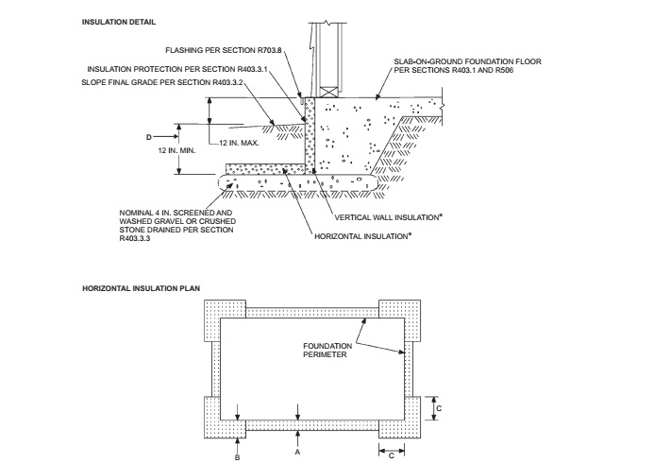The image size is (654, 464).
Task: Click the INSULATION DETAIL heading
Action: tap(119, 22)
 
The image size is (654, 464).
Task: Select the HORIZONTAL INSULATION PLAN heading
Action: tap(141, 288)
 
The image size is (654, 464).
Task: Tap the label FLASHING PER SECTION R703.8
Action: tap(224, 50)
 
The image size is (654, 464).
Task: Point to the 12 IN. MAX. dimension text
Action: tap(239, 143)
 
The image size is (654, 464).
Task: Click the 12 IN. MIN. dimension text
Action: tap(176, 150)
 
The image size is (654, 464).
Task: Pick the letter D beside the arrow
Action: tap(149, 137)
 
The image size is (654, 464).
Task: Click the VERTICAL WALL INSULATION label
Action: tap(388, 217)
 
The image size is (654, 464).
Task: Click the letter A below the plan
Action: tap(297, 452)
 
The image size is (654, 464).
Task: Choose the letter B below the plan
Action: tap(237, 457)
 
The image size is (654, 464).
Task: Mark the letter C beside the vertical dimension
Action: tap(439, 408)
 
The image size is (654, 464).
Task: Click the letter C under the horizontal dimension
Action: tap(392, 455)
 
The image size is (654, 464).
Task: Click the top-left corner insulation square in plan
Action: tap(225, 320)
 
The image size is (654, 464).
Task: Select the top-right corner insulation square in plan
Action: tap(399, 320)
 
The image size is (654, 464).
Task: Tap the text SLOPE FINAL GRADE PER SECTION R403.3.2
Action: tap(162, 82)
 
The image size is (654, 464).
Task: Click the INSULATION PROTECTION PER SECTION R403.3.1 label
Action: tap(177, 69)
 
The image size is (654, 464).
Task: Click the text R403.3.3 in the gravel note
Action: tap(134, 239)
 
